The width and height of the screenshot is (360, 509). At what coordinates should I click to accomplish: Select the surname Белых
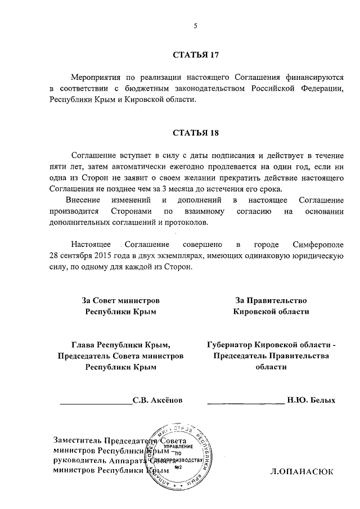323,400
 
